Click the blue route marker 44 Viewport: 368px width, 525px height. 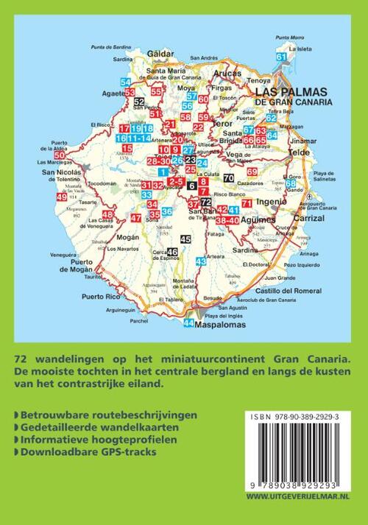click(189, 323)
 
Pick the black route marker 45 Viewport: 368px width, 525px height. click(185, 239)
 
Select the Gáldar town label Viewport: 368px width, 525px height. click(160, 55)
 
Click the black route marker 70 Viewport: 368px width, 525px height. click(229, 179)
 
